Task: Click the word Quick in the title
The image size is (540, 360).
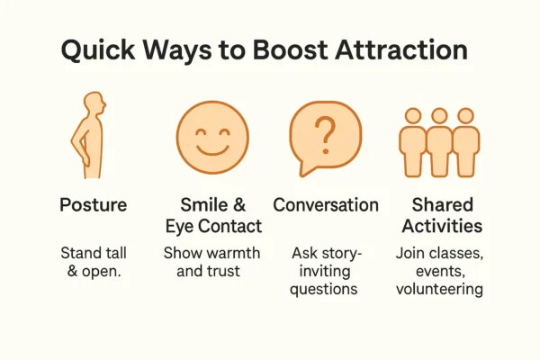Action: click(x=98, y=50)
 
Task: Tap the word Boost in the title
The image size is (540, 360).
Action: click(x=290, y=50)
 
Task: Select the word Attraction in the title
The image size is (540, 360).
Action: click(x=401, y=50)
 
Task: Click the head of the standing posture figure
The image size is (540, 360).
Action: click(x=94, y=103)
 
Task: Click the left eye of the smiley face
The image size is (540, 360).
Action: click(x=201, y=133)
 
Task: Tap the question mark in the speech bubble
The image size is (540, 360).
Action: click(x=325, y=135)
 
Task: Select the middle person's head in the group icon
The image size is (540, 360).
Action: click(x=439, y=116)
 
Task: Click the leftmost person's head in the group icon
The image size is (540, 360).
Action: click(x=413, y=116)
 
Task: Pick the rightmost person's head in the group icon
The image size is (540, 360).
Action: click(x=466, y=116)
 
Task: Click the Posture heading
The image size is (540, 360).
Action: click(x=94, y=205)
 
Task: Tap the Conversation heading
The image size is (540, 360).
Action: click(x=326, y=205)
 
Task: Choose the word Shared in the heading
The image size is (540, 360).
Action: click(x=443, y=205)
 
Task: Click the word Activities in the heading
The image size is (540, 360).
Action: click(x=442, y=226)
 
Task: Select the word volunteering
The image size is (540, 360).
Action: click(x=439, y=290)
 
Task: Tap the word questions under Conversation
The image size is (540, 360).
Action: click(x=324, y=290)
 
